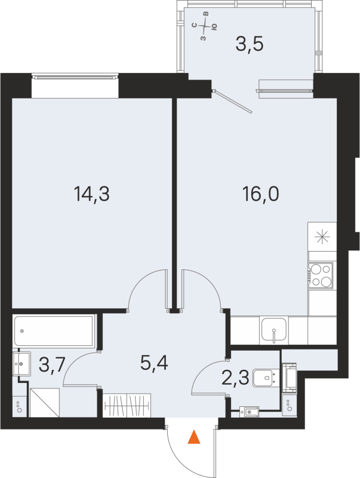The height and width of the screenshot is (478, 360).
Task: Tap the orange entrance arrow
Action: coord(193,438)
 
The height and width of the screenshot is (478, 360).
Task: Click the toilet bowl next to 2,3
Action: coord(264,378)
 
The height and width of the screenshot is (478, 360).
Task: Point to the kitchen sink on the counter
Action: coord(273,330)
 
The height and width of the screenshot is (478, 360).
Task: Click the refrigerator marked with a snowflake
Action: coord(321,237)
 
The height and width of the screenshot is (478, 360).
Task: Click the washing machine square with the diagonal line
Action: coord(44,402)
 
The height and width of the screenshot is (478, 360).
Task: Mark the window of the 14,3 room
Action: coord(75,76)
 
